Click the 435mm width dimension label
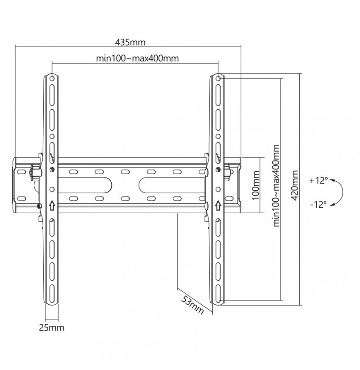click(130, 42)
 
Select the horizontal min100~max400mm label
click(137, 58)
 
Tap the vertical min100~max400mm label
click(276, 186)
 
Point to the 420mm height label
click(295, 186)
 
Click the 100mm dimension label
click(256, 186)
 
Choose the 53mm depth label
click(192, 305)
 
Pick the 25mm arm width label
click(51, 328)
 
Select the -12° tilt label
click(319, 204)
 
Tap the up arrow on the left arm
click(52, 205)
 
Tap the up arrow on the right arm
click(218, 205)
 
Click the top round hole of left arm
click(52, 78)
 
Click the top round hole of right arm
click(219, 78)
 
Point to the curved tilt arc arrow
click(342, 192)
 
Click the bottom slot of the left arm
click(52, 293)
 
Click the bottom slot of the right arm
click(218, 293)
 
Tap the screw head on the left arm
click(52, 169)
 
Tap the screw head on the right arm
click(218, 169)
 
